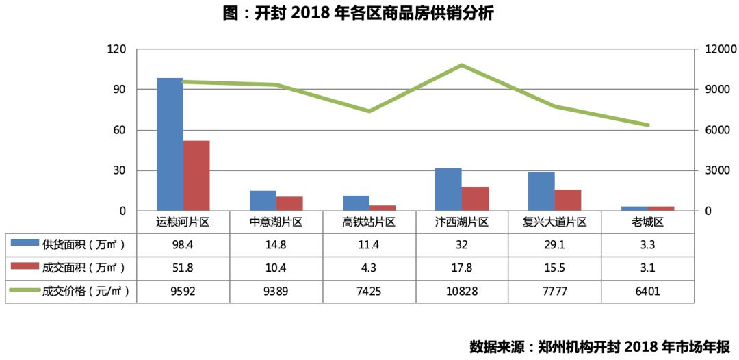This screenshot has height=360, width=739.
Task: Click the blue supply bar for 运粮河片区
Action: pos(170,144)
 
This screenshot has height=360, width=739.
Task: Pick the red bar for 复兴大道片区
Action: pos(568,200)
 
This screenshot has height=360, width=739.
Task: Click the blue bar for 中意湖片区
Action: pos(263,201)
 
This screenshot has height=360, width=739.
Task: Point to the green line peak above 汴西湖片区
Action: pos(461,65)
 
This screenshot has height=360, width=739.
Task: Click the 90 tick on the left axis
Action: pos(119,90)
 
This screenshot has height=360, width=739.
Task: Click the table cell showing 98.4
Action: pos(183,244)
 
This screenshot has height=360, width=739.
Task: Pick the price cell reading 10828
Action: pos(461,291)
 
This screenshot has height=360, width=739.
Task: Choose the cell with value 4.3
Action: pos(369,268)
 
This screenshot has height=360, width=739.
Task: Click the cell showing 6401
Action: pos(647,291)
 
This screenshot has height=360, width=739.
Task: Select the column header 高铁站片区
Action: pos(369,222)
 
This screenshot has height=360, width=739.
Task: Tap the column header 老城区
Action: pos(647,222)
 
